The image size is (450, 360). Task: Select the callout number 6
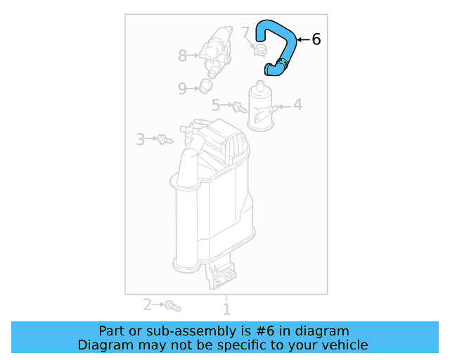[x=316, y=40]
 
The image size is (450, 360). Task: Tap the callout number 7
[x=245, y=32]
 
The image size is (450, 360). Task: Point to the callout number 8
[x=183, y=55]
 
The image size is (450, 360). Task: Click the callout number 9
[x=182, y=89]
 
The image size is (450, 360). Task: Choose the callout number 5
[x=217, y=105]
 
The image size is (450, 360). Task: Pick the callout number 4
[x=297, y=105]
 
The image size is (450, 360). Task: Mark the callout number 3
[x=141, y=139]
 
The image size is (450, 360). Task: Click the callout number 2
[x=147, y=304]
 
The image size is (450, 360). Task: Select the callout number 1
[x=226, y=309]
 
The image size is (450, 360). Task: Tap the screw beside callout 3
[x=165, y=139]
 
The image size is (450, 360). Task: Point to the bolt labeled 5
[x=240, y=107]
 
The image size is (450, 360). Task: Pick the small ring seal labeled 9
[x=205, y=86]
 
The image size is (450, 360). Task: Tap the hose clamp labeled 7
[x=259, y=49]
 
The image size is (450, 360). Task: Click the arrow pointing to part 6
[x=302, y=40]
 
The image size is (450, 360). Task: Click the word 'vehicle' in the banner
[x=342, y=345]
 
